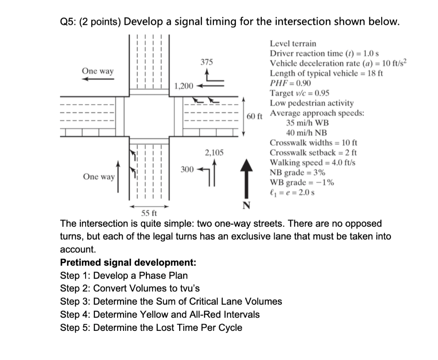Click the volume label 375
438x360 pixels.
[x=207, y=62]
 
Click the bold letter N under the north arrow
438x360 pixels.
[x=246, y=205]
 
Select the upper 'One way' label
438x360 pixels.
[x=98, y=71]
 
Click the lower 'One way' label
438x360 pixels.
[x=99, y=177]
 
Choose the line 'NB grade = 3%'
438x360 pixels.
[x=297, y=173]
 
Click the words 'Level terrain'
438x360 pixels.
[x=293, y=44]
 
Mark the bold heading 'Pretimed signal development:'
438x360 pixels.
[x=128, y=262]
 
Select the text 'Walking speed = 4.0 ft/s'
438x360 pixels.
[x=312, y=163]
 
